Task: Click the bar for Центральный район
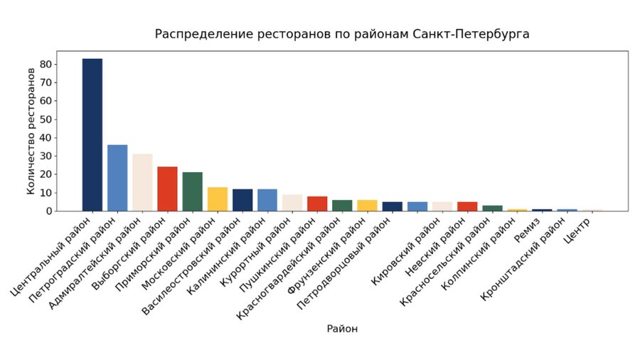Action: pyautogui.click(x=92, y=134)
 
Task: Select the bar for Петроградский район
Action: pyautogui.click(x=117, y=178)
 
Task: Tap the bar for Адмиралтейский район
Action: pyautogui.click(x=142, y=182)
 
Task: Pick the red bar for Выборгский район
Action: pyautogui.click(x=167, y=189)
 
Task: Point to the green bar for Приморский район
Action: pyautogui.click(x=192, y=191)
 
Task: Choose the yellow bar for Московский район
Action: pyautogui.click(x=218, y=199)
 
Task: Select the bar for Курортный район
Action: pyautogui.click(x=292, y=203)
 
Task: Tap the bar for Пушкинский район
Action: pyautogui.click(x=317, y=203)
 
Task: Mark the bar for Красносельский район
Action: pyautogui.click(x=492, y=208)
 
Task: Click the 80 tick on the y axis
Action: pyautogui.click(x=46, y=64)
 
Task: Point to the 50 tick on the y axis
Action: pyautogui.click(x=46, y=119)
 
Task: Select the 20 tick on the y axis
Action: pyautogui.click(x=46, y=174)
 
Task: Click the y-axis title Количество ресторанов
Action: pyautogui.click(x=31, y=131)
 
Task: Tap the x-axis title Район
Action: pyautogui.click(x=342, y=329)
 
